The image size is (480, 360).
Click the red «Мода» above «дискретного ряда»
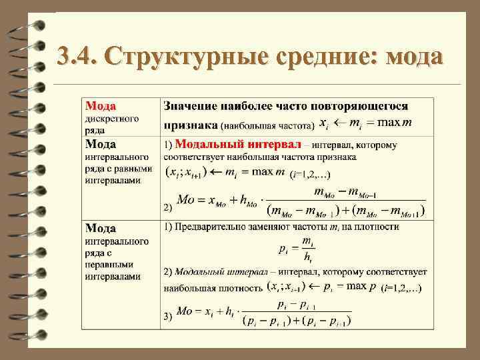click(x=100, y=106)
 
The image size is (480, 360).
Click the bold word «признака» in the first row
click(x=191, y=124)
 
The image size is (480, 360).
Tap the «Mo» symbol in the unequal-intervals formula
click(x=185, y=311)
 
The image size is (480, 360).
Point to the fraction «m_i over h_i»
click(x=307, y=249)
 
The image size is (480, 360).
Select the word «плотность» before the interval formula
click(x=239, y=288)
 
